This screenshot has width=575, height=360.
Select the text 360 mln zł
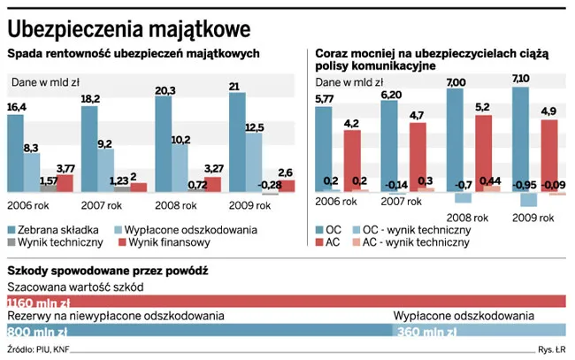(428, 332)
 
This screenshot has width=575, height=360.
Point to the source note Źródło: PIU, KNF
(38, 350)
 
